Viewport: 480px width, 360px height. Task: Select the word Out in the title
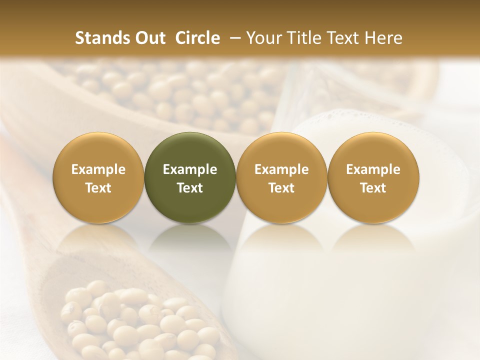(x=149, y=38)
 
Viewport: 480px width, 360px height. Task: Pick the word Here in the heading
(x=384, y=38)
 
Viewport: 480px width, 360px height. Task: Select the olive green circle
(x=190, y=178)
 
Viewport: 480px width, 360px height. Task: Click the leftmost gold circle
(x=98, y=178)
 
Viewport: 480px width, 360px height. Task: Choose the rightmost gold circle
(x=373, y=178)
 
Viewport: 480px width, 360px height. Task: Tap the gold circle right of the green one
(x=281, y=178)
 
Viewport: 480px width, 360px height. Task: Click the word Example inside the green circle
(x=190, y=169)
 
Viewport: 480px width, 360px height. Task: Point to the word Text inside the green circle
(x=190, y=188)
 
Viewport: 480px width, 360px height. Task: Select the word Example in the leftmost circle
(x=98, y=169)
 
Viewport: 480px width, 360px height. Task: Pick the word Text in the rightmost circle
(x=373, y=188)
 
